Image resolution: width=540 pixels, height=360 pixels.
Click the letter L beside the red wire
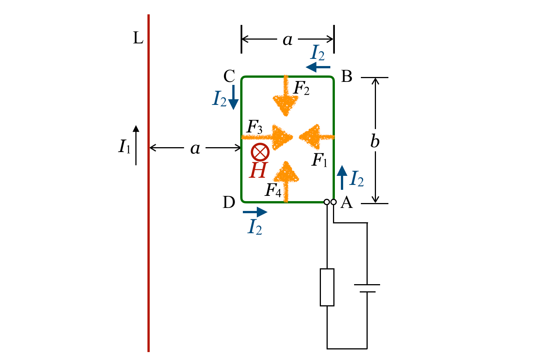138,38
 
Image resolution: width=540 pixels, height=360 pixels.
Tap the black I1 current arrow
136,145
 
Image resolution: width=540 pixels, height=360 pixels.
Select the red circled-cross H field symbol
260,152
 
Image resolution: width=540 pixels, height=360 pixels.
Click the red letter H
258,170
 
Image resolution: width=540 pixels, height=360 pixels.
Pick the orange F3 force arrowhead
282,137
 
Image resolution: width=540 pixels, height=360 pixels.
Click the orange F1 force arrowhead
310,137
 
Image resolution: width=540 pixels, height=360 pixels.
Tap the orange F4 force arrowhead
286,172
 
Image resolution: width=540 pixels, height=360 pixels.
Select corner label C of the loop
229,76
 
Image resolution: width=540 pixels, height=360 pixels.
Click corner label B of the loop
347,76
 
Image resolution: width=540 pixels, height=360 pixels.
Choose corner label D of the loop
229,202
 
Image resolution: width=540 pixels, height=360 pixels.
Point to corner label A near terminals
347,202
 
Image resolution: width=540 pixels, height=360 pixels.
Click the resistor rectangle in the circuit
327,287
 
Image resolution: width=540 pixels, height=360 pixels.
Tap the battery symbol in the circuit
367,288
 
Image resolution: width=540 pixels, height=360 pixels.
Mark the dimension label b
375,141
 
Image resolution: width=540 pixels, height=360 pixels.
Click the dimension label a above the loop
288,40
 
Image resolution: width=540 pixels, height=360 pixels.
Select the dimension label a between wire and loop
195,149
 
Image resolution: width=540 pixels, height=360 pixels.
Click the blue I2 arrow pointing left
318,67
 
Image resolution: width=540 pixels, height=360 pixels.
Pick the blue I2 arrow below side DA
255,212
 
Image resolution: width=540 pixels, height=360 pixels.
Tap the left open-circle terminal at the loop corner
327,202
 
